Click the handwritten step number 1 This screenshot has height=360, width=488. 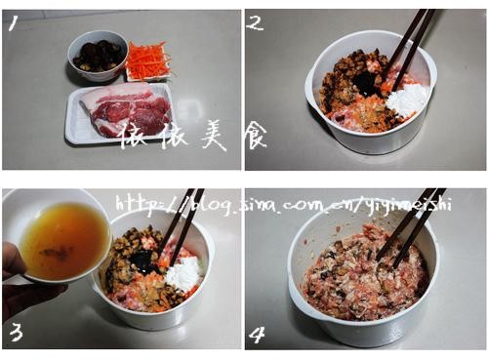[x=14, y=23]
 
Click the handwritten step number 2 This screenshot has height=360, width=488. [x=255, y=22]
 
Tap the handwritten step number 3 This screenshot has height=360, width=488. [x=17, y=332]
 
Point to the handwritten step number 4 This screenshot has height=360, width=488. [x=256, y=335]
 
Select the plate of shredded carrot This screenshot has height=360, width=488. [x=147, y=61]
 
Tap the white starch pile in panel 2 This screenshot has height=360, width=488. [x=408, y=98]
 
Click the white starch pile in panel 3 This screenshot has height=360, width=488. [x=183, y=275]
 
